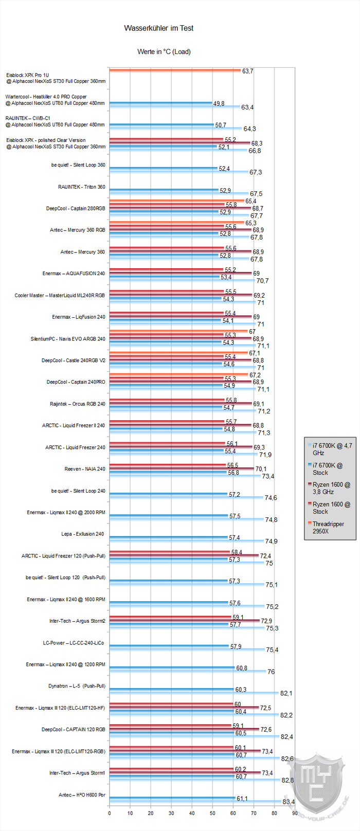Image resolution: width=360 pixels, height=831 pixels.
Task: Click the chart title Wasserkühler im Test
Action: pyautogui.click(x=158, y=28)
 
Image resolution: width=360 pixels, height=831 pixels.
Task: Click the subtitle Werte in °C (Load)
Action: pyautogui.click(x=164, y=51)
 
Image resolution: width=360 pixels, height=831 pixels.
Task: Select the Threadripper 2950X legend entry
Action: pyautogui.click(x=328, y=527)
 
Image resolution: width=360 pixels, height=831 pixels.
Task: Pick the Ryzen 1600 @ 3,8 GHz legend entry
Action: pyautogui.click(x=331, y=488)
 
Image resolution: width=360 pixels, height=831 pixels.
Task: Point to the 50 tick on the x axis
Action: pyautogui.click(x=212, y=813)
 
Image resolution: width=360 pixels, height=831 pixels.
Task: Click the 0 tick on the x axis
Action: pyautogui.click(x=109, y=813)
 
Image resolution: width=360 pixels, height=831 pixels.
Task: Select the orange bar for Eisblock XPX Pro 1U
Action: pyautogui.click(x=175, y=70)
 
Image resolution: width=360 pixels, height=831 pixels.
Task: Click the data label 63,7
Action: pyautogui.click(x=248, y=71)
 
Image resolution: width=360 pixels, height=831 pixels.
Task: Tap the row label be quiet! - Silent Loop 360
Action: pyautogui.click(x=78, y=165)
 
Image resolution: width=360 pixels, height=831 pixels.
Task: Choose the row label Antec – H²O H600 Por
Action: pyautogui.click(x=82, y=795)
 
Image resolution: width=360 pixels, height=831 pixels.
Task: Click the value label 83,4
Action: pyautogui.click(x=289, y=802)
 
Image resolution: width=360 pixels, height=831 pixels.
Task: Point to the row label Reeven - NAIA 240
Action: pyautogui.click(x=85, y=469)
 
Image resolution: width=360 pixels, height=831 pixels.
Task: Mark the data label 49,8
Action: pyautogui.click(x=219, y=103)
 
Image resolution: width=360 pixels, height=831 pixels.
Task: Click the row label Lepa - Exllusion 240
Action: pyautogui.click(x=82, y=534)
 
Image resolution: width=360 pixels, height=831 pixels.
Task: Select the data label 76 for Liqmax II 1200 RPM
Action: pyautogui.click(x=271, y=672)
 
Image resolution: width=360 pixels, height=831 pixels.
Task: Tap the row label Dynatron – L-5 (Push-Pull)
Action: pyautogui.click(x=77, y=686)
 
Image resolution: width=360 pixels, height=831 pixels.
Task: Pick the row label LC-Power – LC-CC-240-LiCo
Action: pyautogui.click(x=74, y=643)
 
